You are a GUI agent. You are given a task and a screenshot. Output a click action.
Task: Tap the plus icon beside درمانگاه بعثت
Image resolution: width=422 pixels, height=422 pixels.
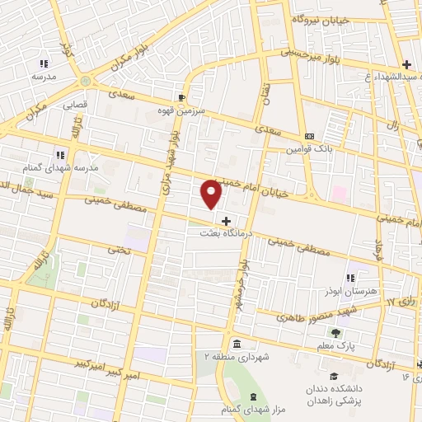coord(226,221)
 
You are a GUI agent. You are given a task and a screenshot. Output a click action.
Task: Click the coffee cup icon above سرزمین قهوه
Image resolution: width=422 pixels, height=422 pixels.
coord(181,96)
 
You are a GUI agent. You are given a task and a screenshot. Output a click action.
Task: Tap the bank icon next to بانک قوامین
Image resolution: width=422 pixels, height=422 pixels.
coord(309,136)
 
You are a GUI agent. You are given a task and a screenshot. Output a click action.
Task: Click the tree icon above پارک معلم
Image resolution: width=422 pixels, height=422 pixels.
coord(335,333)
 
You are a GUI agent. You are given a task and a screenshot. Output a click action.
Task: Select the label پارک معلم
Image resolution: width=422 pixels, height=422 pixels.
coord(337,346)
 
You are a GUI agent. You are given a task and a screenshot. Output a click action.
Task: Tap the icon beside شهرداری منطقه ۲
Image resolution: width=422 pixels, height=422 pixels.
coord(237,343)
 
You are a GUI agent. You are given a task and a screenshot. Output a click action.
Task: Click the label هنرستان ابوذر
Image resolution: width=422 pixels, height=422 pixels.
coord(350,291)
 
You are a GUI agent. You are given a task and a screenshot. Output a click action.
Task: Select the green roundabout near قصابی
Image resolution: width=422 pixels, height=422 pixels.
coord(86,81)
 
